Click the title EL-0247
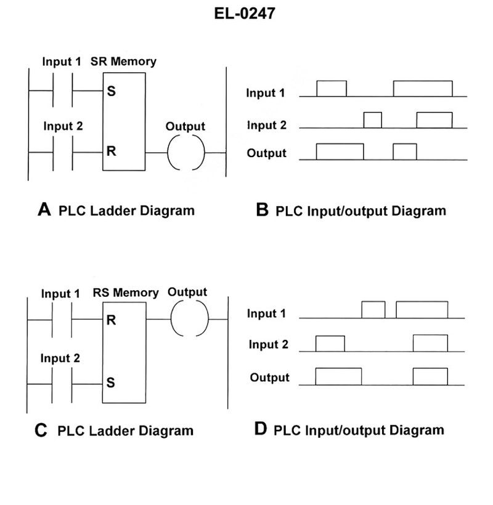(x=246, y=14)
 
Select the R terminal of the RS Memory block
(x=110, y=320)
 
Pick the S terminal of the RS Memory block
(x=110, y=382)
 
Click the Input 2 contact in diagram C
(x=61, y=382)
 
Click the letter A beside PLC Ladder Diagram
(x=44, y=211)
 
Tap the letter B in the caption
(x=263, y=211)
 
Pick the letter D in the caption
(x=261, y=429)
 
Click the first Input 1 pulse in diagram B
(x=332, y=89)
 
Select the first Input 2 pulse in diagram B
(x=373, y=120)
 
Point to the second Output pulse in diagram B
(x=405, y=152)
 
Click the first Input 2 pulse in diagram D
(x=330, y=344)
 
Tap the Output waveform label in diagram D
(x=269, y=377)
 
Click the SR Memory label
(x=123, y=62)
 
